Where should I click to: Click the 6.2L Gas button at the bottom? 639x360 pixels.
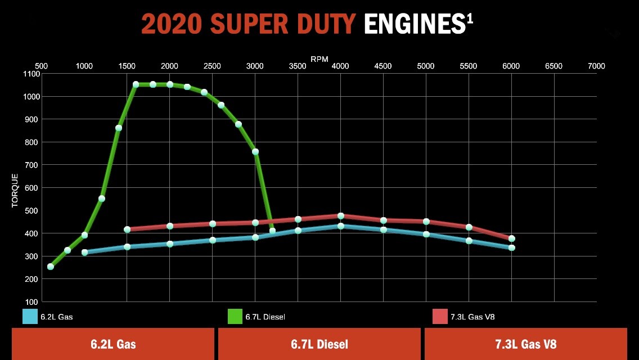[x=113, y=344]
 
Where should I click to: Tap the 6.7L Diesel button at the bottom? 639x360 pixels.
[x=319, y=344]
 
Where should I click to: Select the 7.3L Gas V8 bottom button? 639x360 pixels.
[x=525, y=344]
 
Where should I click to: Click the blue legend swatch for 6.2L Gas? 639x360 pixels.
[x=30, y=317]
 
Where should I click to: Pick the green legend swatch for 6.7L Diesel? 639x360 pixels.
[x=235, y=317]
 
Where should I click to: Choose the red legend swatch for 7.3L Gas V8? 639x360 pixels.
[x=440, y=317]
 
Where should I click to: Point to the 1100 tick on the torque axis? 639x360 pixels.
[x=32, y=74]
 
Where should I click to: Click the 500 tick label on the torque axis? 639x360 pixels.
[x=32, y=211]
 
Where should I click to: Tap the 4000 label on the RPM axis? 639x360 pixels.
[x=340, y=66]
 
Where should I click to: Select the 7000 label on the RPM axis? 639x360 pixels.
[x=596, y=66]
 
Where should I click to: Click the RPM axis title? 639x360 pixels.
[x=319, y=58]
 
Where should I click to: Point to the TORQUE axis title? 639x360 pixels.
[x=15, y=191]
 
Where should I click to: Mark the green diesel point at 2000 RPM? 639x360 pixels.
[x=170, y=84]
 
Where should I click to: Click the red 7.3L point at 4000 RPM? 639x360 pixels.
[x=341, y=216]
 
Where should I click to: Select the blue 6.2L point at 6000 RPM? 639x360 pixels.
[x=512, y=247]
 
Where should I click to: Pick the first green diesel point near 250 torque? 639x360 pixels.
[x=51, y=267]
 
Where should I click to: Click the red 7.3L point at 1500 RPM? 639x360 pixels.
[x=127, y=229]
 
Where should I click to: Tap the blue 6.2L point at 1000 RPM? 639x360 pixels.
[x=85, y=253]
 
